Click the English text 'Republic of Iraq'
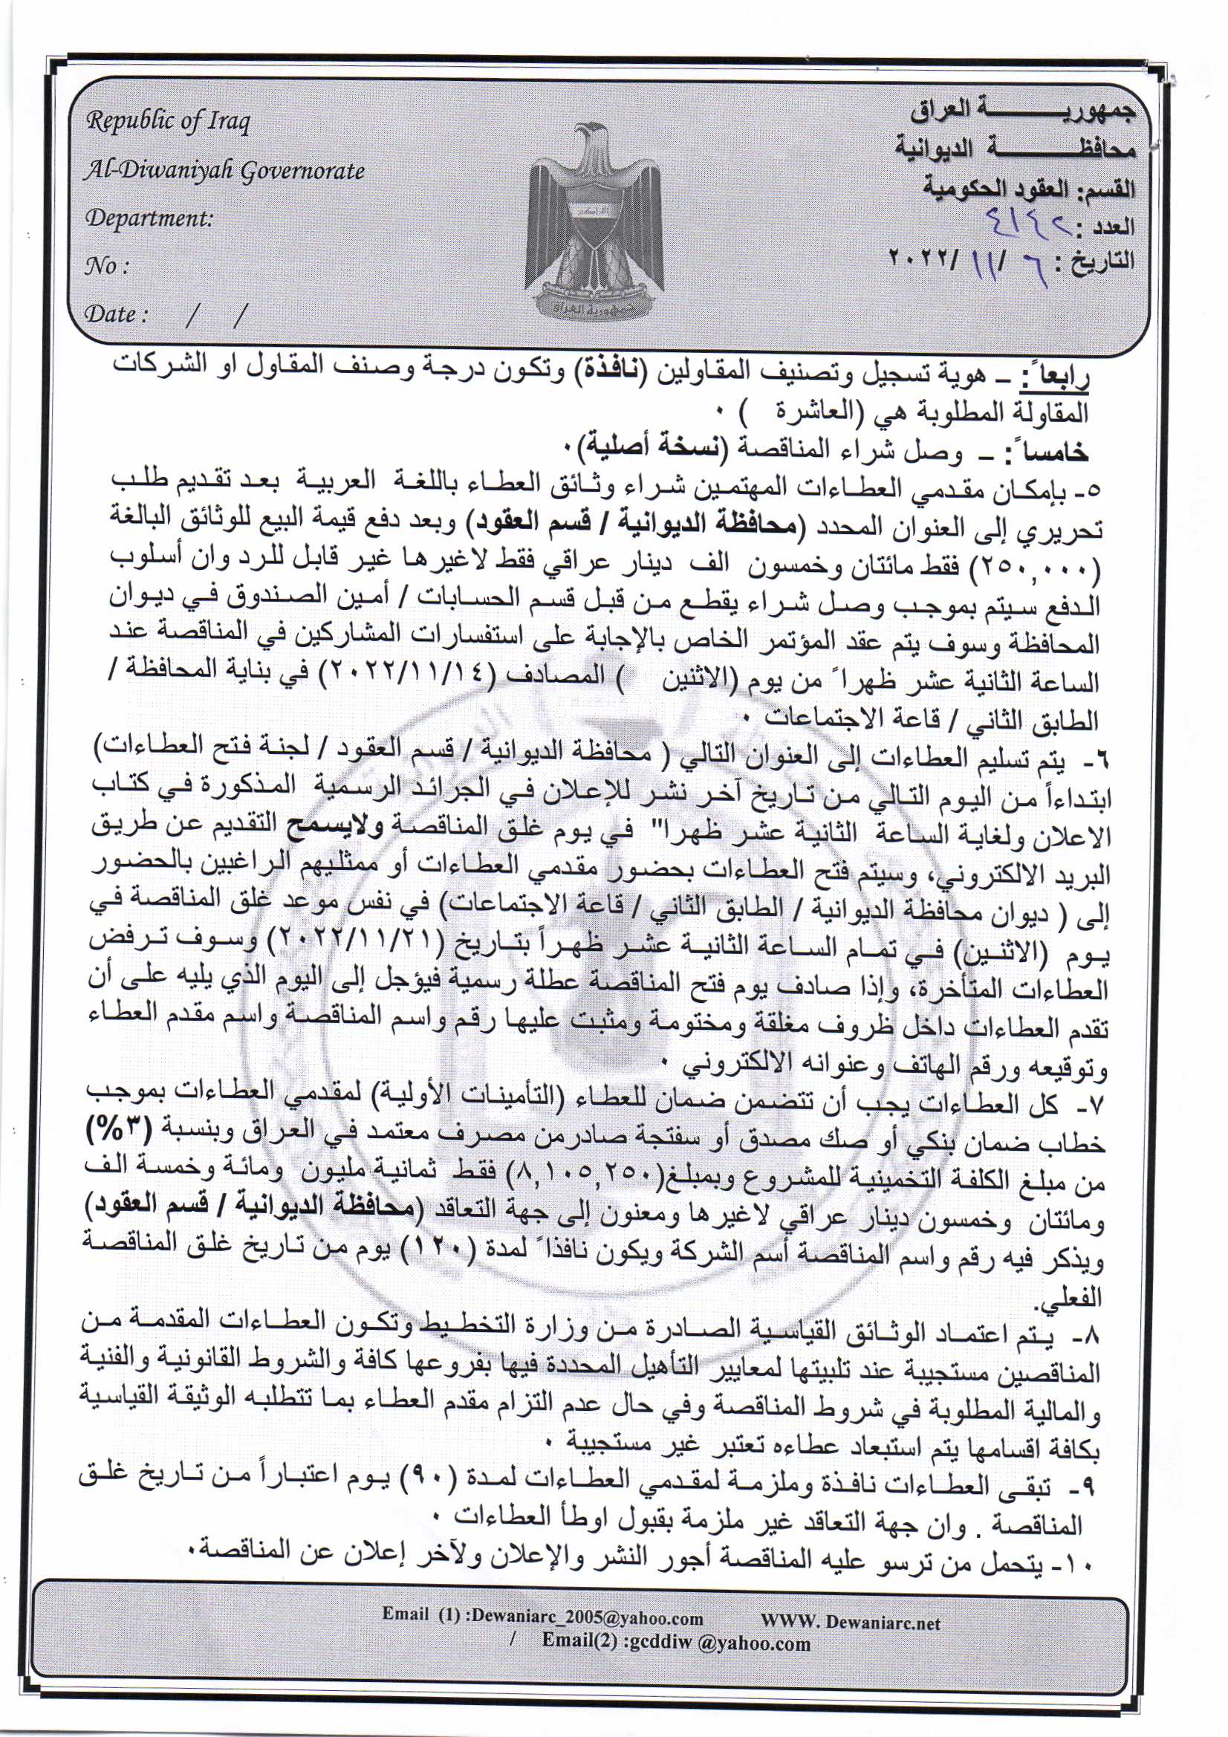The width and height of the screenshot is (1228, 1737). (x=167, y=121)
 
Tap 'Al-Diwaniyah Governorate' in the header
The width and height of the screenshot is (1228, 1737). (x=224, y=171)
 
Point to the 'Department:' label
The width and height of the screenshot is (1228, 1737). (x=149, y=218)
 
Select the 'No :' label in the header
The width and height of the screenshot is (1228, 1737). (x=107, y=266)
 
